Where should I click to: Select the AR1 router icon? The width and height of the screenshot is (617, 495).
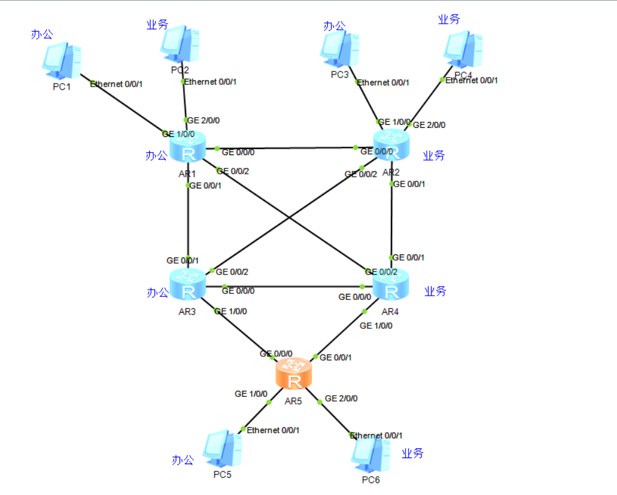(188, 147)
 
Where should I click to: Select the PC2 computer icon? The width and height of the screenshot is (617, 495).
(180, 44)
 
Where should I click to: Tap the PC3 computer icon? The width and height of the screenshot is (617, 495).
(339, 48)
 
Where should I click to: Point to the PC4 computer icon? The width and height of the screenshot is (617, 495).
(463, 49)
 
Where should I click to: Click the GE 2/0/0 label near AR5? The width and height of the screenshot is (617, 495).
(341, 399)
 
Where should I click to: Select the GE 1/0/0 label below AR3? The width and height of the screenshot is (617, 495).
(230, 311)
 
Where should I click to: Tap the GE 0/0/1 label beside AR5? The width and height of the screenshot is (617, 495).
(336, 357)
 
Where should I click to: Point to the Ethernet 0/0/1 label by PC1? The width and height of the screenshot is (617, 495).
(116, 84)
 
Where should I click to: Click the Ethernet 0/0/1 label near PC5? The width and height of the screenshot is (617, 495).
(273, 430)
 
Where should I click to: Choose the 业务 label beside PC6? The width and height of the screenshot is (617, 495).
(413, 453)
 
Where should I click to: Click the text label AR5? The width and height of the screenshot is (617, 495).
(293, 400)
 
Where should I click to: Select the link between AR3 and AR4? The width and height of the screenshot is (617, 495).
(291, 287)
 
